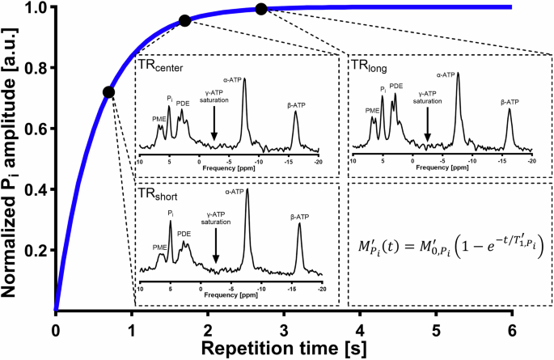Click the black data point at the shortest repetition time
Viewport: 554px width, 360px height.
coord(109,92)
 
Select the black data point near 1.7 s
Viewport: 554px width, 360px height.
coord(184,21)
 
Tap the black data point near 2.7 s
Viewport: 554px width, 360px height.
coord(260,9)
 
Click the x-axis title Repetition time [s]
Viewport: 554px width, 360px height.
coord(282,349)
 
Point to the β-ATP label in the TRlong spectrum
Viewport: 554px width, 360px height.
coord(510,103)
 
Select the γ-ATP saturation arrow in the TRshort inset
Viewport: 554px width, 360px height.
coord(216,247)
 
